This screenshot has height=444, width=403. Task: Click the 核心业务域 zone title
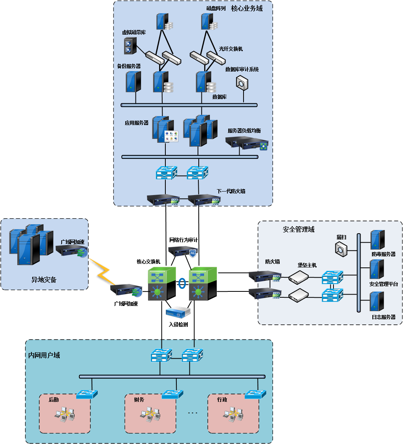tap(247, 8)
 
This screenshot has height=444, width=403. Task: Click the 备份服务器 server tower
tap(133, 81)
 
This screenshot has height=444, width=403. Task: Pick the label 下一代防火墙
tap(231, 192)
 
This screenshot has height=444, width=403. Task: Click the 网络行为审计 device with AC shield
tap(182, 251)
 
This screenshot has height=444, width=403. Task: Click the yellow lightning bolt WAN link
tap(101, 271)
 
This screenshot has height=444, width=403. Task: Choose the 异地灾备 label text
tap(44, 280)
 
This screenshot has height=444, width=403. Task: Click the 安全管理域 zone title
tap(299, 229)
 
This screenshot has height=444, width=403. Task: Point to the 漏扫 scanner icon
tap(341, 249)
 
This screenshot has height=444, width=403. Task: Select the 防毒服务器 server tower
tap(377, 240)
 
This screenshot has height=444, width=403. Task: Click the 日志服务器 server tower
tap(377, 302)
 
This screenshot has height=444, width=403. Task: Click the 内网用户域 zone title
tap(44, 355)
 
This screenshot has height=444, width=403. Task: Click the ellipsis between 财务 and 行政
tap(192, 413)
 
